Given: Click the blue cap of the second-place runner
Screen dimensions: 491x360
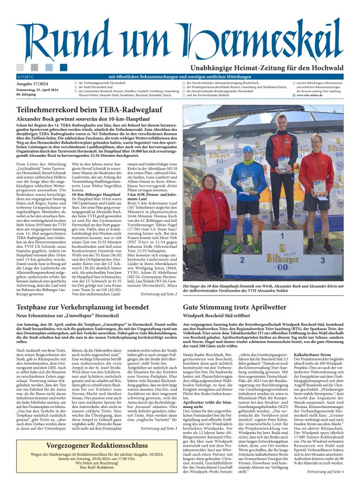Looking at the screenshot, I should tap(248, 149).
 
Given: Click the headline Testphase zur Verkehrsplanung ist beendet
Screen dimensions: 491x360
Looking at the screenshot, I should tap(83, 308).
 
